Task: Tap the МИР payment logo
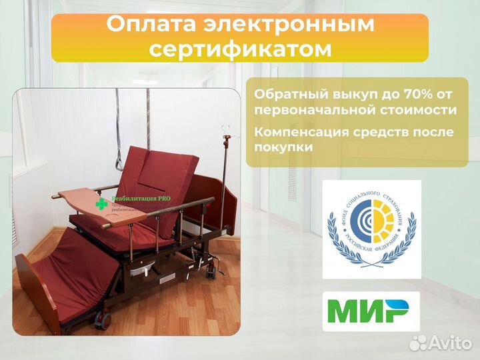[371, 311]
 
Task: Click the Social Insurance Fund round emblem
[371, 229]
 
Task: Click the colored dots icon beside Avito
[419, 343]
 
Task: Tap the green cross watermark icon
[101, 203]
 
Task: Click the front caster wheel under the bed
[103, 321]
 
